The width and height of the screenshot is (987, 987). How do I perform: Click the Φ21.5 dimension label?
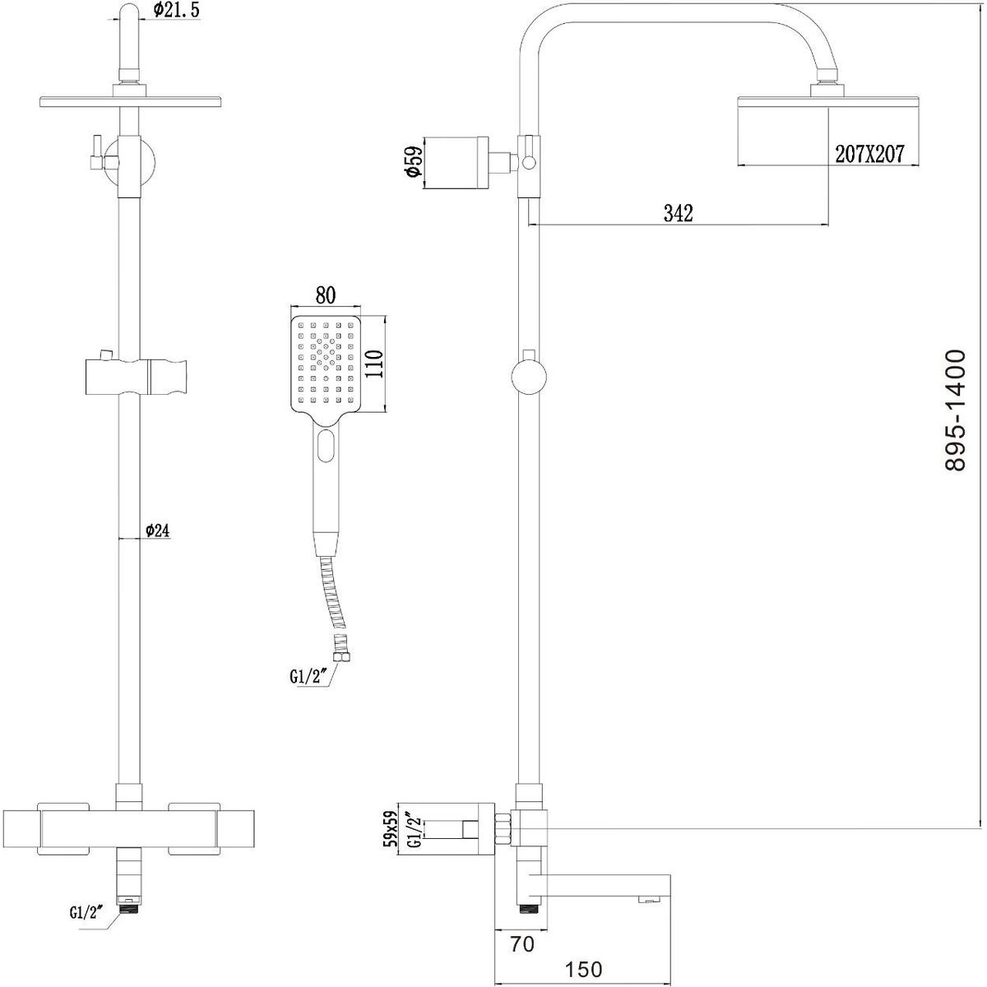[176, 10]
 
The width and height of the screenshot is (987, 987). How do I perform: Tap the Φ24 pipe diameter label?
[157, 531]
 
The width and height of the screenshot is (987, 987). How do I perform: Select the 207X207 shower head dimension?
[869, 154]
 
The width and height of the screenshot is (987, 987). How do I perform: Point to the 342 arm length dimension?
[678, 213]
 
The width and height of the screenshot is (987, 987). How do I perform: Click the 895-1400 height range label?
[955, 410]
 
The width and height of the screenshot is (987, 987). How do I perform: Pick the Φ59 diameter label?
[414, 162]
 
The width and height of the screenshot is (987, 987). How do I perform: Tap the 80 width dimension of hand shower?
[325, 295]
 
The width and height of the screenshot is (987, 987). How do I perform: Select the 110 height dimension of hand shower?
[374, 364]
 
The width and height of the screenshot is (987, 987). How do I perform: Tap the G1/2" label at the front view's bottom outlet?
[87, 912]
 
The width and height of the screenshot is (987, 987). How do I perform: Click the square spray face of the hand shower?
[326, 364]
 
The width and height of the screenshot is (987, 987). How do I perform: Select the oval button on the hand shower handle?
[326, 446]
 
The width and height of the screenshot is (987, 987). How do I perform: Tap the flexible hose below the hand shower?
[333, 594]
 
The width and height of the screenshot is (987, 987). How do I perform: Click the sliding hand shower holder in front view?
[137, 378]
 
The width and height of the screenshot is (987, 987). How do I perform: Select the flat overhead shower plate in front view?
[131, 101]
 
